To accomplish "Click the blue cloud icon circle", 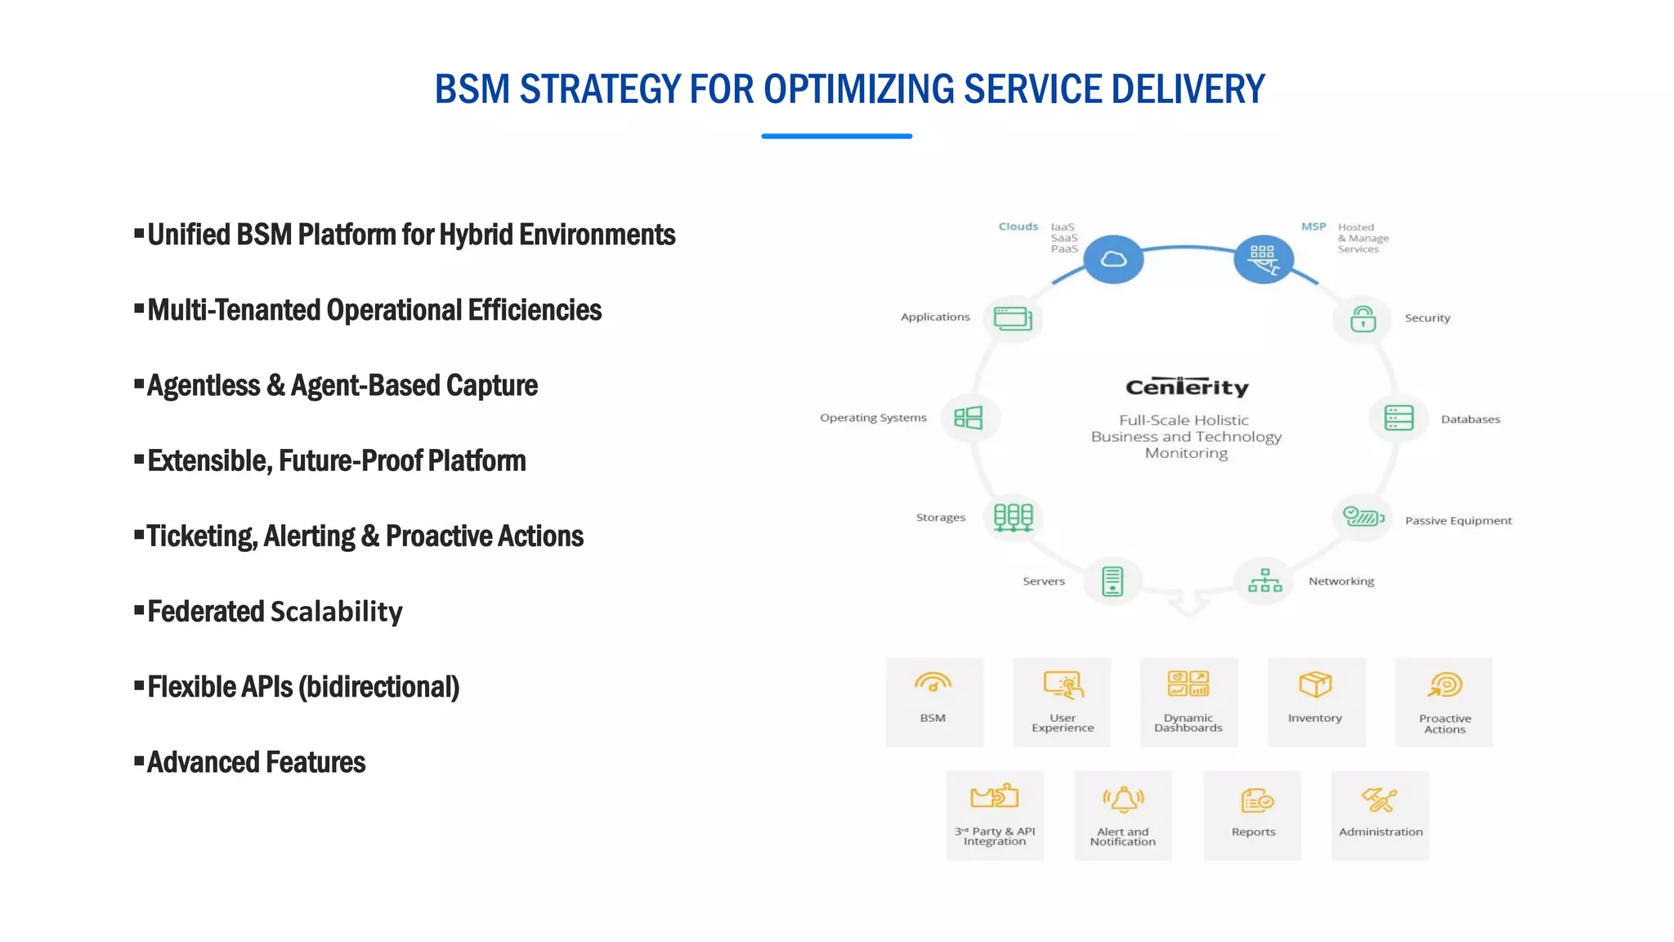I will coord(1113,259).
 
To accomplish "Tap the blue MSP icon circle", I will coord(1263,259).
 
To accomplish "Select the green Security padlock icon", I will coord(1363,319).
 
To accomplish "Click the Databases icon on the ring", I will coord(1399,418).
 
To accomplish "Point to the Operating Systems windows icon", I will coord(969,418).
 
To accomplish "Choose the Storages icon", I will coord(1013,517).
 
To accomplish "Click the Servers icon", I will coord(1112,581).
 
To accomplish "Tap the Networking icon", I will coord(1264,581).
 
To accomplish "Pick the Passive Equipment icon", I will coord(1363,517).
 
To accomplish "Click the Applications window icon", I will coord(1013,318).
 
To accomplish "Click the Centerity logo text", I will coord(1187,387).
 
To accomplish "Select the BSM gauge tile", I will coord(934,702).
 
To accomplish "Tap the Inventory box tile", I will coord(1316,702).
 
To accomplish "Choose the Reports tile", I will coord(1252,814).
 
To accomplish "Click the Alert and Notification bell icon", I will coord(1123,799).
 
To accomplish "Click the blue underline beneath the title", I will coord(836,136).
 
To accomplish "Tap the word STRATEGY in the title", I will coord(601,89).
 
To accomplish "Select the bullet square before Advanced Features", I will coord(139,761).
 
